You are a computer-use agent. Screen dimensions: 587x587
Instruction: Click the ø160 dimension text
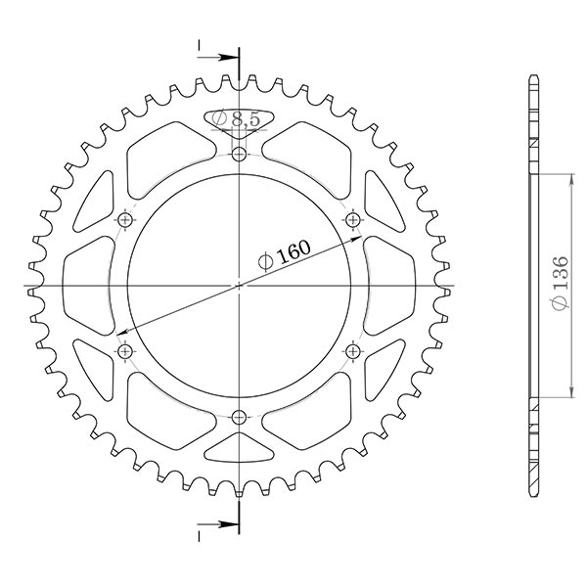point(284,254)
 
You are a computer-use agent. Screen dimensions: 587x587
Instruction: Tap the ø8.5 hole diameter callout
point(235,118)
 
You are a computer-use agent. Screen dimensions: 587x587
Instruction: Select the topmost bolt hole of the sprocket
point(240,154)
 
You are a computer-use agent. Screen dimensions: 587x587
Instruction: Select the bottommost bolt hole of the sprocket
point(240,418)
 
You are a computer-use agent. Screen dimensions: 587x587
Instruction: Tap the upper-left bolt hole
point(124,219)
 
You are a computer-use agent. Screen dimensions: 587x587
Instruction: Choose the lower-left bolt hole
point(124,350)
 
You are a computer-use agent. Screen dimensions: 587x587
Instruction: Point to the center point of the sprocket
point(240,286)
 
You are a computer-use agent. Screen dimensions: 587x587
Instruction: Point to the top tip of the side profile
point(533,76)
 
